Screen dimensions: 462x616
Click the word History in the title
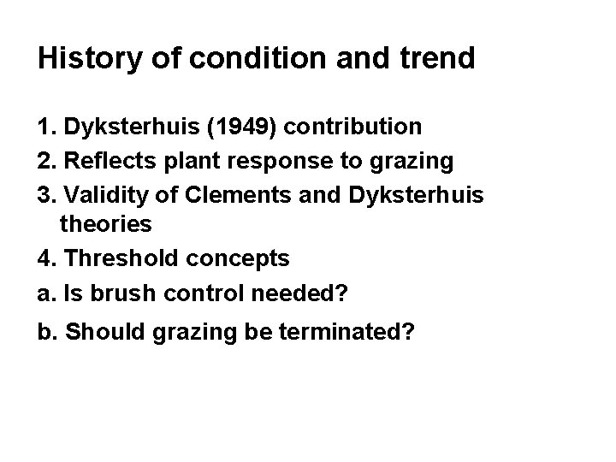pyautogui.click(x=86, y=58)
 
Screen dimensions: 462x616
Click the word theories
pyautogui.click(x=106, y=225)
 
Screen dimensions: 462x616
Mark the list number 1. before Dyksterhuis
pyautogui.click(x=47, y=127)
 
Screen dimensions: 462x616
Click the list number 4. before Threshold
pyautogui.click(x=47, y=258)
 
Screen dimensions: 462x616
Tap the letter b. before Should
pyautogui.click(x=48, y=331)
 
